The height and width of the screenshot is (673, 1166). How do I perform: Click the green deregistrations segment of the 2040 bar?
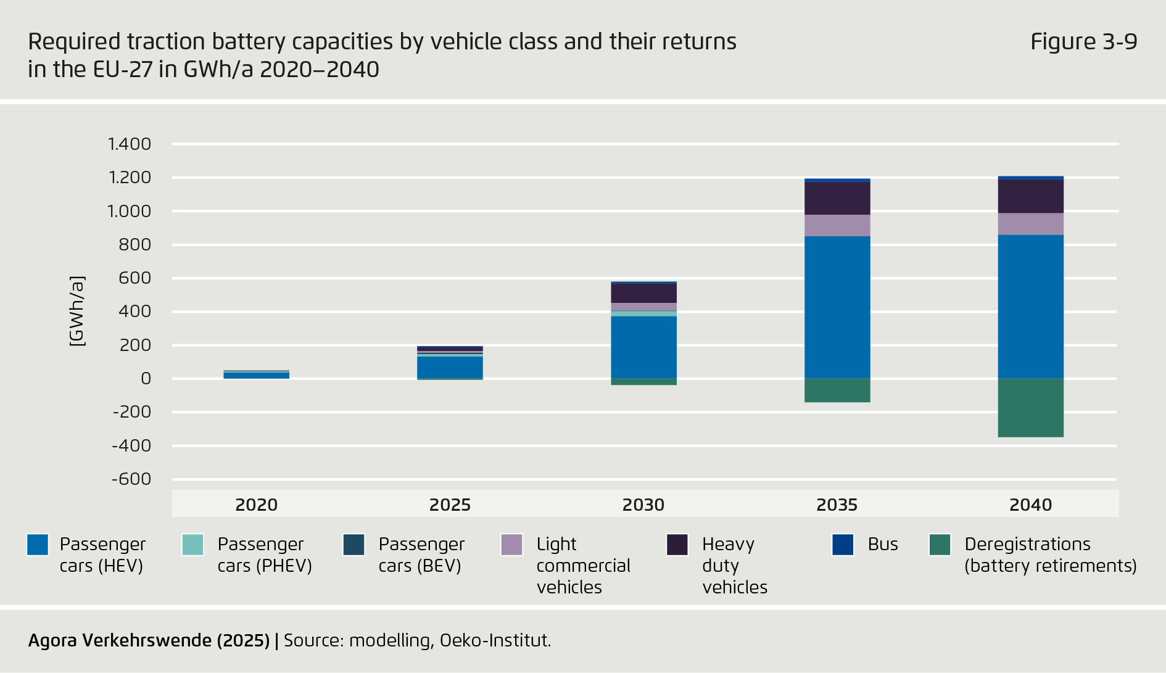(x=1030, y=408)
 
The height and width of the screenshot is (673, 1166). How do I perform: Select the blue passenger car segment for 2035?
(x=837, y=307)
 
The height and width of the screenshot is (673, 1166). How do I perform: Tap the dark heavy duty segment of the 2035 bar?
(x=837, y=198)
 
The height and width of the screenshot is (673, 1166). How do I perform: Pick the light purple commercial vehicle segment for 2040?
(x=1030, y=224)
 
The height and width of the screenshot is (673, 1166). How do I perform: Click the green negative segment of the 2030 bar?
(x=643, y=382)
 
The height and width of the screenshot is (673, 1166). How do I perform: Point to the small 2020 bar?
(x=256, y=375)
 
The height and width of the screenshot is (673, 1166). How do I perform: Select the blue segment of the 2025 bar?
(x=450, y=367)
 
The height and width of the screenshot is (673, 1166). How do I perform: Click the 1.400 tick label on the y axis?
(x=129, y=144)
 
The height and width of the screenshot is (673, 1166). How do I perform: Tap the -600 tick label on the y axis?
(x=131, y=479)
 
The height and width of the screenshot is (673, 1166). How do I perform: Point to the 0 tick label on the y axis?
(x=146, y=379)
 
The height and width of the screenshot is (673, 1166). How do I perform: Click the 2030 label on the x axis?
(x=643, y=505)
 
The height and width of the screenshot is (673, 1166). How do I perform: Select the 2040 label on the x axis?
(x=1030, y=505)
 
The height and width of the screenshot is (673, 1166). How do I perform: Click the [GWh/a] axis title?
(x=77, y=312)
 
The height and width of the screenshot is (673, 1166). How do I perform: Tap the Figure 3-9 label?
(x=1083, y=42)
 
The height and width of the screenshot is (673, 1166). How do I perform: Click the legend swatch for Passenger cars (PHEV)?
(x=192, y=545)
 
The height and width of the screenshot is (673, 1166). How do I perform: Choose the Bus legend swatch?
(x=843, y=545)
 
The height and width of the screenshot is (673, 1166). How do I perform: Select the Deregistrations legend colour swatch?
(x=940, y=545)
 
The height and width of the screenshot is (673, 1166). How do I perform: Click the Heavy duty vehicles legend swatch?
(x=677, y=545)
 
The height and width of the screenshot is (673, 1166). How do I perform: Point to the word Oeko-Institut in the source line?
(x=495, y=640)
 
